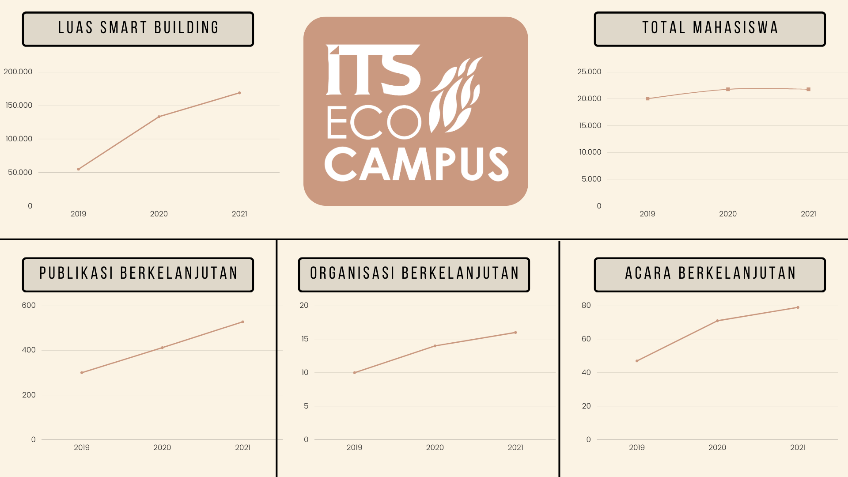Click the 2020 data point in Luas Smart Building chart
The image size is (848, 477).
click(159, 117)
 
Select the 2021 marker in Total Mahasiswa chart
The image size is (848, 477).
click(808, 89)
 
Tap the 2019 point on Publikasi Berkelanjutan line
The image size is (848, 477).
click(82, 373)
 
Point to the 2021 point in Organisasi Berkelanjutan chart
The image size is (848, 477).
click(515, 333)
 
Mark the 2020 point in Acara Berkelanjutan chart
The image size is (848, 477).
click(717, 321)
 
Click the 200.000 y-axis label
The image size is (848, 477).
click(18, 72)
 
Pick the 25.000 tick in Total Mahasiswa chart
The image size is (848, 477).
click(589, 72)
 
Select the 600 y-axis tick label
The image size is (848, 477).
click(29, 305)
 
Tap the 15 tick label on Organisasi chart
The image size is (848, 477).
click(305, 339)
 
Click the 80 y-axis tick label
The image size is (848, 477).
click(586, 305)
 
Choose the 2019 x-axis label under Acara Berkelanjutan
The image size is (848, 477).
click(636, 447)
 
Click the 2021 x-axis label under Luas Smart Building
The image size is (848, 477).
click(239, 214)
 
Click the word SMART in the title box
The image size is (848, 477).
click(124, 28)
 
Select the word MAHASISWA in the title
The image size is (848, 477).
click(735, 28)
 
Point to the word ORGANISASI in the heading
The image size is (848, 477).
click(352, 273)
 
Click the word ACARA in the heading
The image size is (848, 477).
click(648, 273)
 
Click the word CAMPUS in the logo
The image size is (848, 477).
click(416, 164)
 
